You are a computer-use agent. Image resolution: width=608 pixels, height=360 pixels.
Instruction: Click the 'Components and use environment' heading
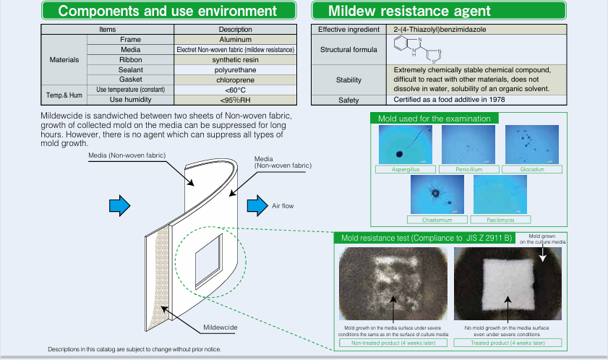[167, 11]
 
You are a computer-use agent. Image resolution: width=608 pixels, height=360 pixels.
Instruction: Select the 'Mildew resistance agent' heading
[409, 11]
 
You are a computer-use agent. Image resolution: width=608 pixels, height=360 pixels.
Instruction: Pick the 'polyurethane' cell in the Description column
[236, 69]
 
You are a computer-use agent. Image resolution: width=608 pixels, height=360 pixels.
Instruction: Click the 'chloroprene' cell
[236, 80]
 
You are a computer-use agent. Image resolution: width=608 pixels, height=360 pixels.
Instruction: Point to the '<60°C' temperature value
[236, 89]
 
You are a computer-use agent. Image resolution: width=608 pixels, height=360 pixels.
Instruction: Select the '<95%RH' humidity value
[236, 99]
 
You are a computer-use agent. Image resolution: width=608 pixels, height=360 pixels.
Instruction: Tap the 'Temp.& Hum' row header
[64, 94]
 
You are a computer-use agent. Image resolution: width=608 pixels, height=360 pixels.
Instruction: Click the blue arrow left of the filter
[119, 205]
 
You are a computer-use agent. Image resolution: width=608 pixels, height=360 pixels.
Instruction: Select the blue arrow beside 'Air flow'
[256, 205]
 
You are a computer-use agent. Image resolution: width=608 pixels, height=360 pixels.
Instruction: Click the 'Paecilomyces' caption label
[500, 219]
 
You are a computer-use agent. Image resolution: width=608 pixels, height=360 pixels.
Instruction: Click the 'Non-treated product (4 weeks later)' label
[393, 343]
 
